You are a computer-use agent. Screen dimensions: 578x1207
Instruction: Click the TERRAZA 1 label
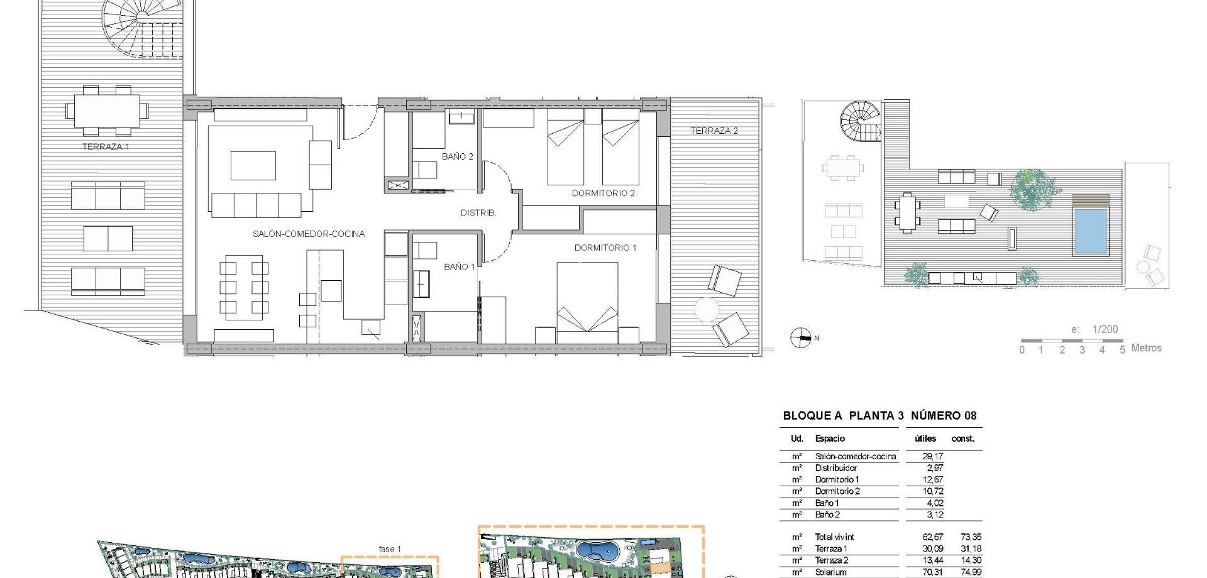coord(106,147)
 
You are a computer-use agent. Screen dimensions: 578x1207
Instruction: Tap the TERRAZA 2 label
coord(714,131)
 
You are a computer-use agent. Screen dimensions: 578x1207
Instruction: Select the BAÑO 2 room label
coord(457,156)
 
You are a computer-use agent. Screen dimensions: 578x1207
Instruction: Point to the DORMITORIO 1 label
coord(605,248)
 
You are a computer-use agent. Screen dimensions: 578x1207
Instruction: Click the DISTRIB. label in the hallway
coord(478,213)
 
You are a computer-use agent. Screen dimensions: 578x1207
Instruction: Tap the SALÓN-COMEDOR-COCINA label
coord(308,234)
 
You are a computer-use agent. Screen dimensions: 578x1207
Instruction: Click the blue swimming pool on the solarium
coord(1090,231)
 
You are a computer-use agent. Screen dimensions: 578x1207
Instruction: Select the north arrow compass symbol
coord(800,338)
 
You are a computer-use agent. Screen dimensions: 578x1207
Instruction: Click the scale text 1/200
coord(1105,329)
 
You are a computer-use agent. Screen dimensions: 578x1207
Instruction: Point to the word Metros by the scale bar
coord(1146,348)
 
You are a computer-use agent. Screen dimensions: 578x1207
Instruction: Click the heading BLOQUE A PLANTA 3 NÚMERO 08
coord(879,415)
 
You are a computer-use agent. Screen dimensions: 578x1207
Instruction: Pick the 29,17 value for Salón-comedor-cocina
coord(932,456)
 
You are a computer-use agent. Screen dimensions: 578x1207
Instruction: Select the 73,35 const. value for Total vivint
coord(971,537)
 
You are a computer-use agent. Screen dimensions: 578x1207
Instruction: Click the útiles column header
coord(925,439)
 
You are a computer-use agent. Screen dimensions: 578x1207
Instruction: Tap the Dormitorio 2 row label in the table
coord(837,491)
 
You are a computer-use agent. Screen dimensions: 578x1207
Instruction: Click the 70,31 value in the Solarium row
coord(932,572)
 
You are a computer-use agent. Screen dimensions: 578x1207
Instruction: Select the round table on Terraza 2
coord(707,310)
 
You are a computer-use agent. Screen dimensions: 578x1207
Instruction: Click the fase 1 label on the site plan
coord(390,549)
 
